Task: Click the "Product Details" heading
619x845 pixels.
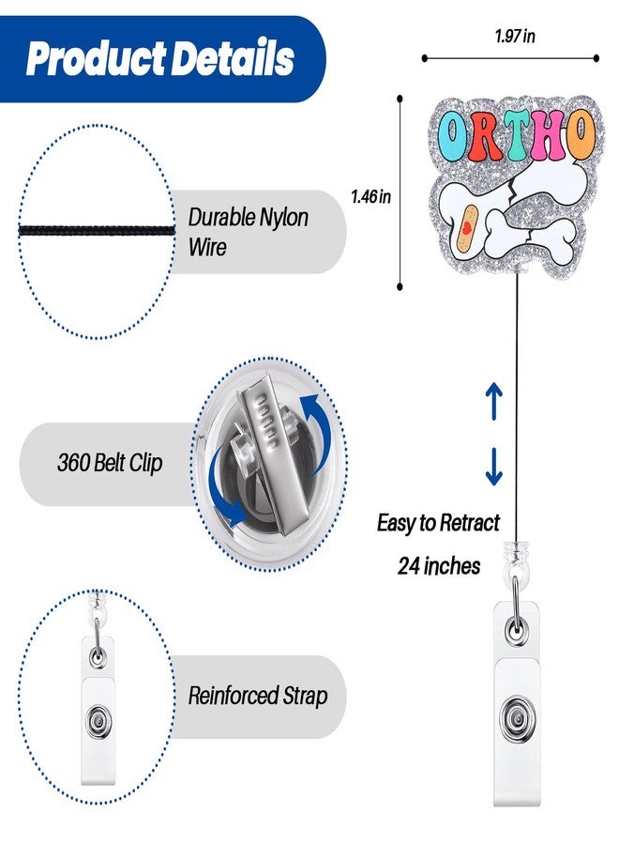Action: tap(159, 57)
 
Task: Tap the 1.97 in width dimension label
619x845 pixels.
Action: tap(515, 36)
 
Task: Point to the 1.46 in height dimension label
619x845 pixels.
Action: tap(370, 196)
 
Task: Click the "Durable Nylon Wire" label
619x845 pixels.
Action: tap(249, 232)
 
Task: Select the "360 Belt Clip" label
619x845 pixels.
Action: tap(110, 462)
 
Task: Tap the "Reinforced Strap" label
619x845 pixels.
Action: tap(258, 695)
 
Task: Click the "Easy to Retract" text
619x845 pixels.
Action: tap(438, 522)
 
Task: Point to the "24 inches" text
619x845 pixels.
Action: tap(439, 566)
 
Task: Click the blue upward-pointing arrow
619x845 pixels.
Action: tap(493, 402)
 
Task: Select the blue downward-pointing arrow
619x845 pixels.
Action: tap(493, 466)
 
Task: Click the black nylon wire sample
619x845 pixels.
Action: tap(97, 231)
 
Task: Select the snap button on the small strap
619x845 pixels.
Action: tap(98, 720)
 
